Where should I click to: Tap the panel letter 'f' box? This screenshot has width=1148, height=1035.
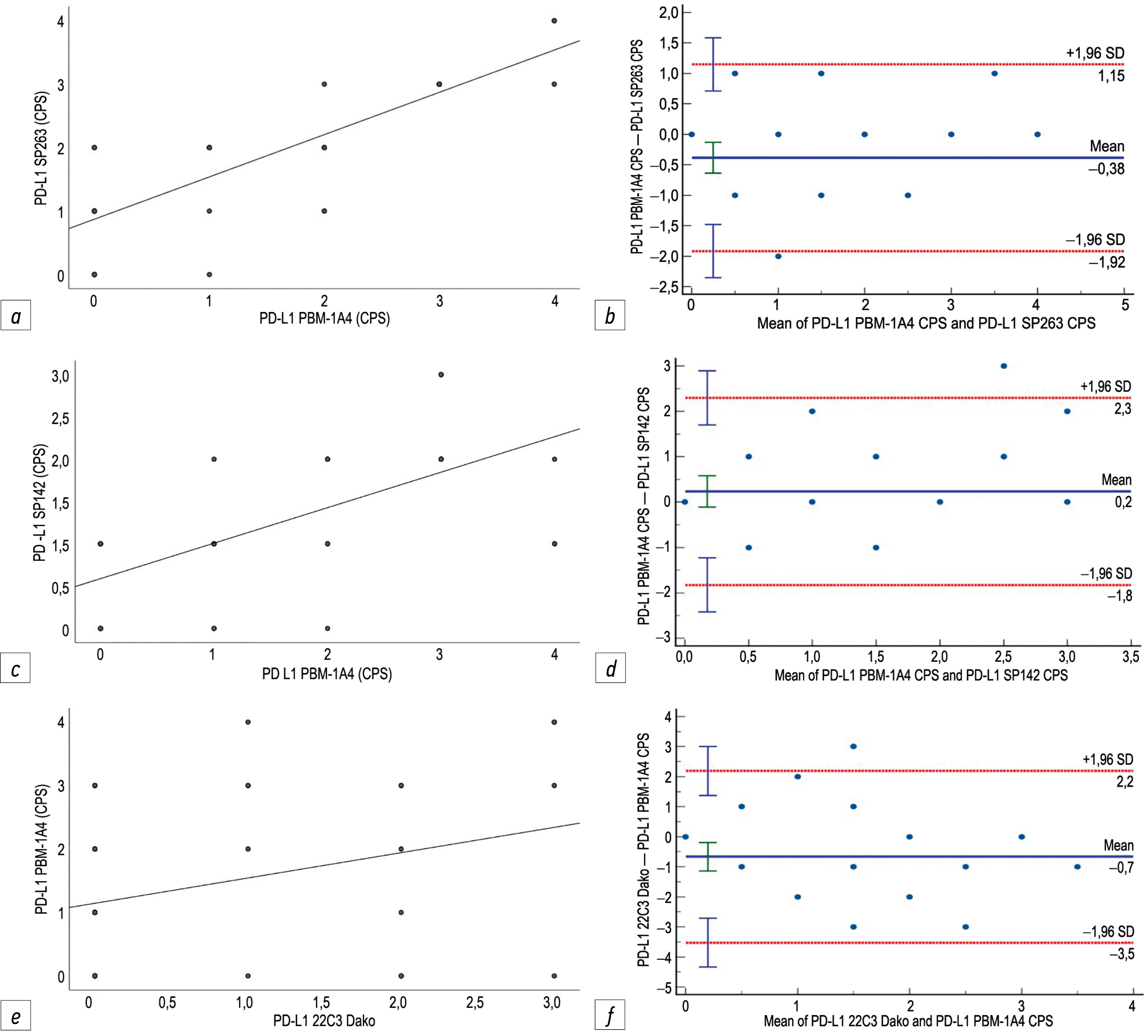[x=610, y=1014]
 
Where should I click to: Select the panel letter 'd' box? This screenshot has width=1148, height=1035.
[x=610, y=668]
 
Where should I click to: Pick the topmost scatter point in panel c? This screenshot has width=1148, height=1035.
[x=441, y=375]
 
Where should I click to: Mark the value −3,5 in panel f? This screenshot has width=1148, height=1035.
[x=1121, y=954]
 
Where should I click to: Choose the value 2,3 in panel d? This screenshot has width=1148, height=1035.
[x=1122, y=409]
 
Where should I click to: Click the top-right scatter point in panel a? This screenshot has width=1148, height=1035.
[x=554, y=21]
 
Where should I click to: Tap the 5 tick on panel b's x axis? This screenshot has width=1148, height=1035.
[x=1125, y=305]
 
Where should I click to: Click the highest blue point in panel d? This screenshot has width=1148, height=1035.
[x=1003, y=366]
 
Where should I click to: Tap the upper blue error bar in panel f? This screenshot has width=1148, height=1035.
[x=708, y=770]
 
